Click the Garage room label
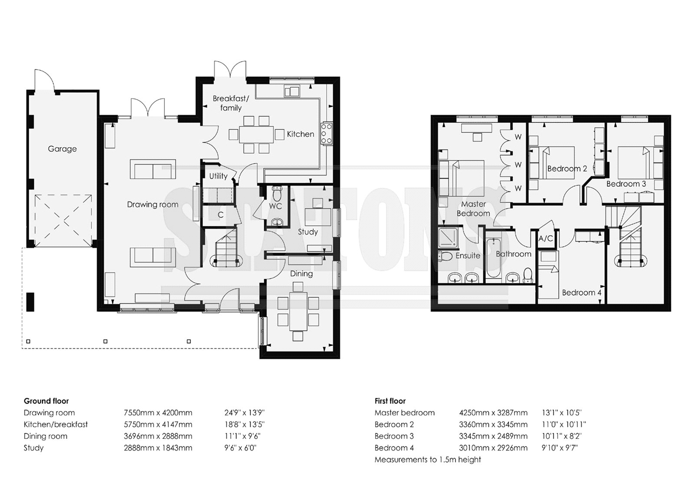[62, 149]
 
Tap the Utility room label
[219, 176]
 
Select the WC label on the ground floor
[275, 206]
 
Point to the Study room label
[308, 232]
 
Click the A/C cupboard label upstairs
[546, 238]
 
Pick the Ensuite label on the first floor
[468, 256]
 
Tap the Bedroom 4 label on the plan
[582, 293]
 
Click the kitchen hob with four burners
[326, 134]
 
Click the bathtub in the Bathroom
[493, 258]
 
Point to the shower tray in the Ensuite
[448, 238]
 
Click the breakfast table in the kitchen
[256, 134]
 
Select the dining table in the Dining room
[298, 311]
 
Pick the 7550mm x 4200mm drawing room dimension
[158, 413]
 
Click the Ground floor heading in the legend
[46, 401]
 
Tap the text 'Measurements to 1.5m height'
[428, 460]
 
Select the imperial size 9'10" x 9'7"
[560, 448]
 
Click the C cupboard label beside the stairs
[221, 214]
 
